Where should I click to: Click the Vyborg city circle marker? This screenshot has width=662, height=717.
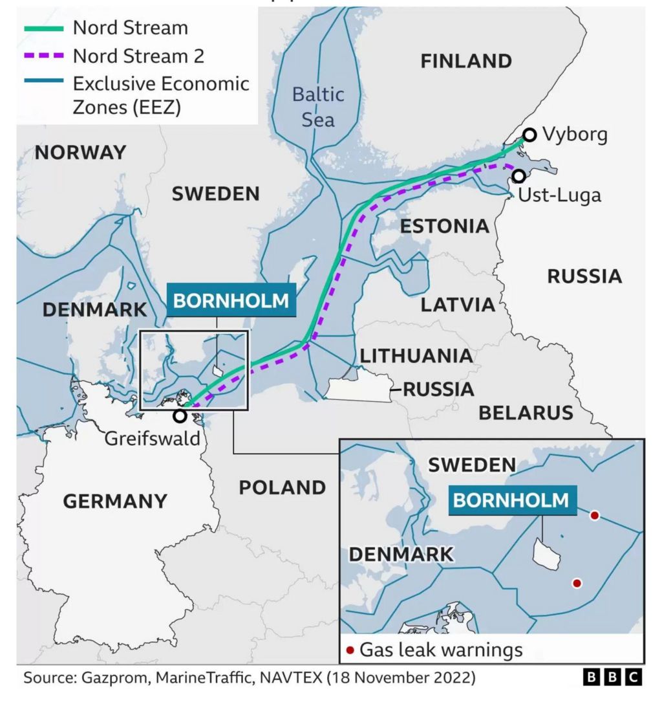coord(529,135)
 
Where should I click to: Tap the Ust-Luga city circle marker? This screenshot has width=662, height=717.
coord(518,176)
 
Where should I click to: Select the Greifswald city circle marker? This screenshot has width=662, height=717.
coord(180,416)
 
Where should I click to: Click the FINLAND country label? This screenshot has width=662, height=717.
coord(466,61)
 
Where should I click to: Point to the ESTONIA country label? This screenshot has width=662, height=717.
coord(444,226)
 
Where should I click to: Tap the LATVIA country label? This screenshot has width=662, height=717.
coord(458,305)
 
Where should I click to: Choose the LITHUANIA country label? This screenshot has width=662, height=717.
coord(416,356)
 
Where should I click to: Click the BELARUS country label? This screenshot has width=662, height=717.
coord(526,412)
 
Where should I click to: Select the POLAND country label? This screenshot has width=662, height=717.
coord(283,487)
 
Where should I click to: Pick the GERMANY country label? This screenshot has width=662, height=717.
coord(115,501)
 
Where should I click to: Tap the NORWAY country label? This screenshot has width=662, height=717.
coord(80,153)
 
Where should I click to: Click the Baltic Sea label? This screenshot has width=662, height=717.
coord(318,107)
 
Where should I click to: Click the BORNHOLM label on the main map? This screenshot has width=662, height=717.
coord(231,300)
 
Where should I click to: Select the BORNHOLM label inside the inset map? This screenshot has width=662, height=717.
coord(511,500)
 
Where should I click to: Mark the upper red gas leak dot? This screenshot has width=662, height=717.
coord(595,515)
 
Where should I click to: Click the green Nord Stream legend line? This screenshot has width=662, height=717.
coord(44,28)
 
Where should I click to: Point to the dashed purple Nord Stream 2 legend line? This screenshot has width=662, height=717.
coord(44,56)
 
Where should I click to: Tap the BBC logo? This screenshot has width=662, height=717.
coord(612,678)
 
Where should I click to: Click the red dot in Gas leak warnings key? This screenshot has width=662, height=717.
coord(350,650)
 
